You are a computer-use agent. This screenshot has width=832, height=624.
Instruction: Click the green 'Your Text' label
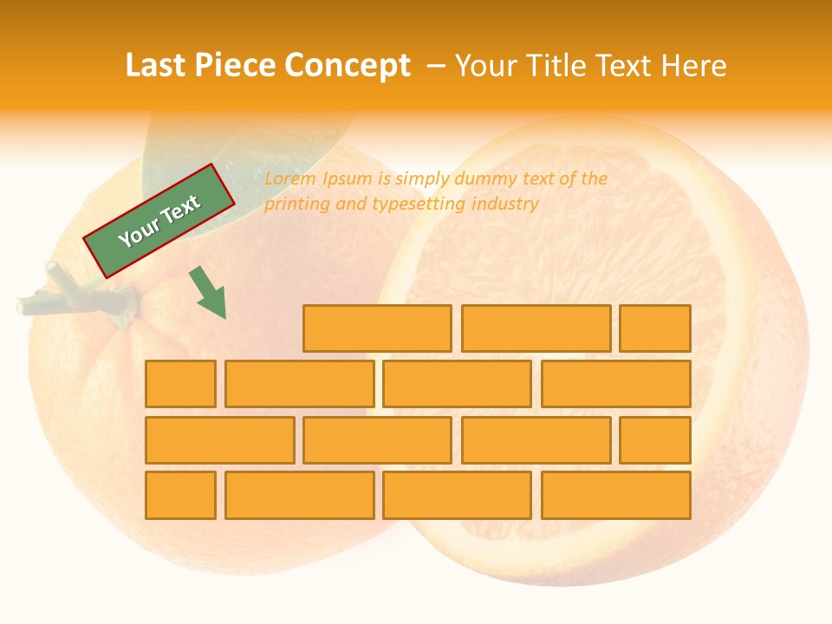pos(159,221)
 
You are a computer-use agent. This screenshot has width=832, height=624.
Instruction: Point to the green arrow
pos(208,292)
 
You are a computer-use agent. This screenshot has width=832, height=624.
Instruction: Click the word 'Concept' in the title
pos(348,66)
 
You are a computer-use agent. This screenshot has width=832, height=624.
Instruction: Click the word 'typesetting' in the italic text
pos(419,205)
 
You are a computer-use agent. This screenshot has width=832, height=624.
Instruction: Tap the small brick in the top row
pos(655,328)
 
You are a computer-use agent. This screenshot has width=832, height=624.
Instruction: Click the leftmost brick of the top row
pos(377,328)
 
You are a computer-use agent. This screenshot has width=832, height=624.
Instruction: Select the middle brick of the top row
pos(536,328)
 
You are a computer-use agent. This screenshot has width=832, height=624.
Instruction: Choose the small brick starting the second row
pos(180,384)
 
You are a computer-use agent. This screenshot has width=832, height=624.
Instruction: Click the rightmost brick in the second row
pos(616,384)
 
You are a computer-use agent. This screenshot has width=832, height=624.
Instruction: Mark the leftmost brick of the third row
pos(219,440)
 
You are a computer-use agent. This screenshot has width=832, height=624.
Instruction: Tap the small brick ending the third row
pos(655,440)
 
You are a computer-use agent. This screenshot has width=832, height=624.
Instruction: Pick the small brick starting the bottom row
pos(180,496)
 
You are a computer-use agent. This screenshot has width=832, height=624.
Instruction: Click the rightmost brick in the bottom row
pos(616,496)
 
